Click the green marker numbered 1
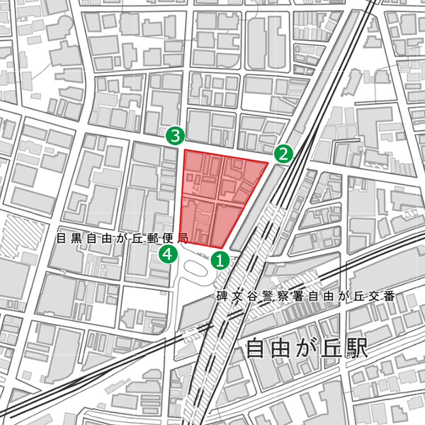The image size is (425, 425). pyautogui.click(x=220, y=261)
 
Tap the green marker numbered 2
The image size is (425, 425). pyautogui.click(x=283, y=153)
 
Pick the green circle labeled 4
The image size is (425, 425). pyautogui.click(x=168, y=254)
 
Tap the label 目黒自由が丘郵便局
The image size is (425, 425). pyautogui.click(x=121, y=239)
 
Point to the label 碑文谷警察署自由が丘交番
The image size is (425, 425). pyautogui.click(x=305, y=295)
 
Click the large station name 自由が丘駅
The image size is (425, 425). pyautogui.click(x=306, y=349)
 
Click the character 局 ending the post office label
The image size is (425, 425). pyautogui.click(x=183, y=239)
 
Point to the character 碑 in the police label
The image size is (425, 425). pyautogui.click(x=222, y=295)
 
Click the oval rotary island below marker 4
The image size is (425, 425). pyautogui.click(x=198, y=268)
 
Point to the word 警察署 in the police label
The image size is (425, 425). pyautogui.click(x=273, y=295)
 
